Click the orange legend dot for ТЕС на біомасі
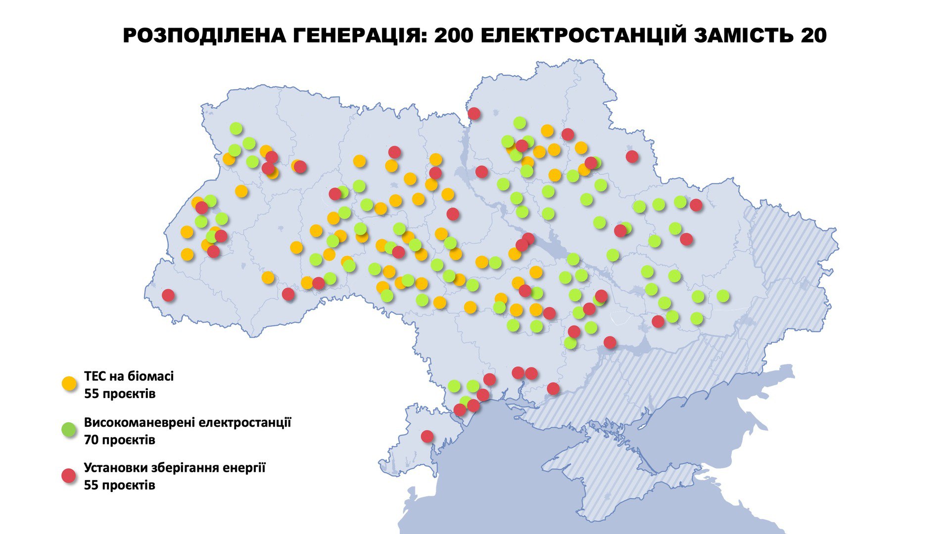pos(69,383)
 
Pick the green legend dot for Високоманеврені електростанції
pos(69,429)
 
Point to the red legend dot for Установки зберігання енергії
pos(69,476)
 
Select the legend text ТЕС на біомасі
pos(129,376)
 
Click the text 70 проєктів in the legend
pos(119,440)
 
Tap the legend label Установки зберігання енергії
pos(174,468)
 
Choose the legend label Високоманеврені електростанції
pos(188,423)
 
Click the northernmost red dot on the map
pos(474,113)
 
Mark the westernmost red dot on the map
pos(168,295)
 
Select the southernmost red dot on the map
pos(427,436)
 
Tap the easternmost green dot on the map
pos(723,296)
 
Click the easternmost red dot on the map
pos(696,205)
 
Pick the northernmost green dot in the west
pos(236,129)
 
